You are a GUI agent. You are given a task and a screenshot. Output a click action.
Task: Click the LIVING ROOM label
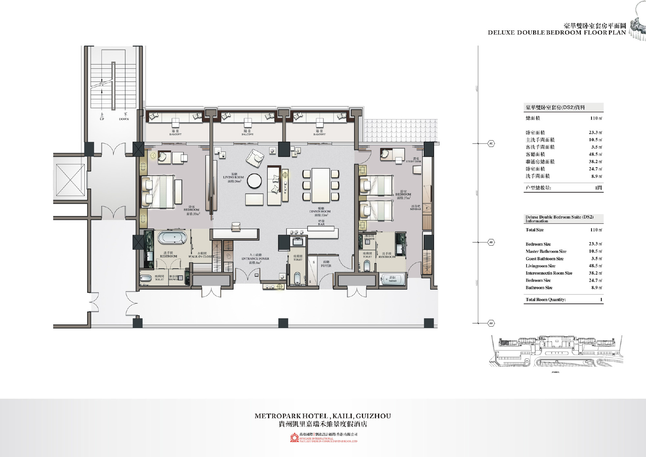(x=233, y=177)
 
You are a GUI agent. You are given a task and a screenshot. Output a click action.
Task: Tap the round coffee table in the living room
(x=254, y=181)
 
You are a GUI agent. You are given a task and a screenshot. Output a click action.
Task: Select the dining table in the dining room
(x=321, y=185)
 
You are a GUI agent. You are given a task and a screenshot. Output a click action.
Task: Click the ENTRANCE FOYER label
(x=255, y=259)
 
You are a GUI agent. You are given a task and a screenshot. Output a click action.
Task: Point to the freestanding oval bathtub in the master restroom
(x=172, y=237)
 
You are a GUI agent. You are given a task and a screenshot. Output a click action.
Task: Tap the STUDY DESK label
(x=413, y=162)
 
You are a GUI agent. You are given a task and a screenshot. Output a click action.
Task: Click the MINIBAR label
(x=415, y=209)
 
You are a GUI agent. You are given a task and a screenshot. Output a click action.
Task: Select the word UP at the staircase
(x=102, y=119)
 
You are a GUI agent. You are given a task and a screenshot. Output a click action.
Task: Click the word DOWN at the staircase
(x=124, y=119)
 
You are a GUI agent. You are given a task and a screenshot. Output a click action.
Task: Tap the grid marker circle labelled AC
(x=491, y=143)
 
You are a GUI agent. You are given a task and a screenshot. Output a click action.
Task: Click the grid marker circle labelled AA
(x=491, y=323)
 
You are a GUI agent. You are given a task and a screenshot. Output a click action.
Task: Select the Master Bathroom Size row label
(x=546, y=251)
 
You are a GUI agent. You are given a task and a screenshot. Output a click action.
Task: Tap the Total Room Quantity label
(x=545, y=300)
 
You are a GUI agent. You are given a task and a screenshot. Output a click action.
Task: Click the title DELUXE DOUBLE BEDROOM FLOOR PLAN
(x=557, y=33)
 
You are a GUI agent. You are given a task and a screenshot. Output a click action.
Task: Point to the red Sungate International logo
(x=294, y=438)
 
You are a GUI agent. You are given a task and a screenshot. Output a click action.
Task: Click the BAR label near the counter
(x=321, y=224)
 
